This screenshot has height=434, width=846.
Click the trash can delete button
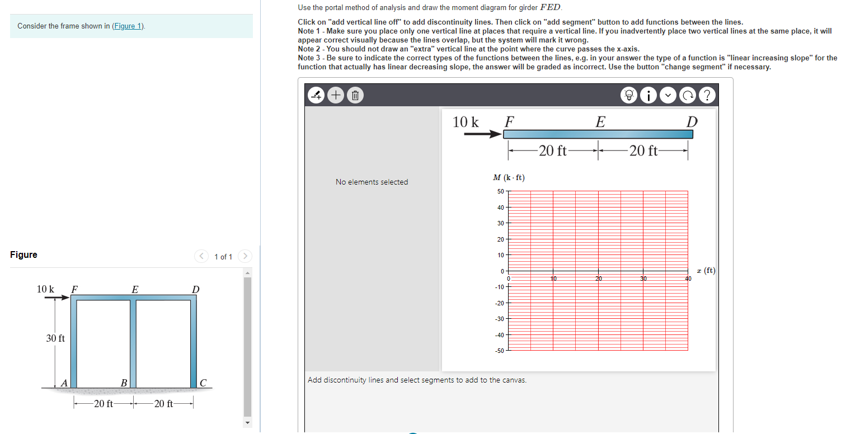click(354, 96)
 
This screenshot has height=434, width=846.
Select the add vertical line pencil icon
click(317, 96)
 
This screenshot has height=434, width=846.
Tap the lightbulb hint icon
click(629, 96)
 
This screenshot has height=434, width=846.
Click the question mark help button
click(707, 96)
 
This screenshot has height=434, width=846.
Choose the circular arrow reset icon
click(687, 96)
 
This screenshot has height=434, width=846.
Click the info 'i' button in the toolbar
click(648, 96)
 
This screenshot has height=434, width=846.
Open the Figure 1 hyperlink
click(128, 26)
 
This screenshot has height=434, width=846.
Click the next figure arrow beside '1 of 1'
click(245, 257)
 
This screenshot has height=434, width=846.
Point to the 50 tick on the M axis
click(500, 191)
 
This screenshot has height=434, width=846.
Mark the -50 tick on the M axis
click(499, 351)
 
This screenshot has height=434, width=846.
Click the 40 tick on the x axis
click(688, 278)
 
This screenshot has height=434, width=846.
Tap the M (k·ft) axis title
click(509, 178)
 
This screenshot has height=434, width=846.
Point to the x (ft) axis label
click(705, 271)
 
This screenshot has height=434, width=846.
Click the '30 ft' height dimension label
click(55, 338)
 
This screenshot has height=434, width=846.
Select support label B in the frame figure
click(124, 383)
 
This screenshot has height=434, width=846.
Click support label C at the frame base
click(203, 383)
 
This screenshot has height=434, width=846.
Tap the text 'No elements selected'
click(372, 182)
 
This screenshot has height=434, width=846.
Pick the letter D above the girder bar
click(692, 121)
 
